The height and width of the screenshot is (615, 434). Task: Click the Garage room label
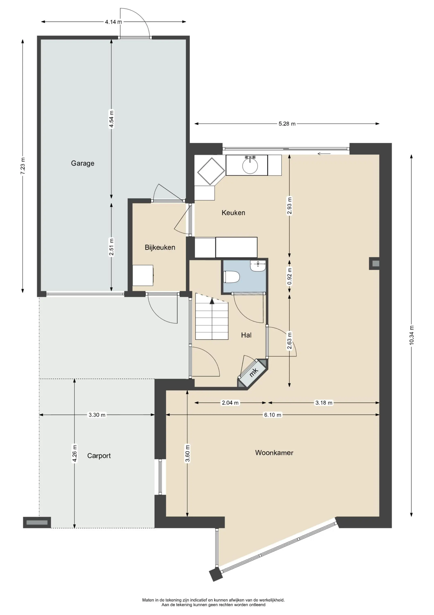[83, 163]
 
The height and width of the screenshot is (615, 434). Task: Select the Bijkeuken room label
[160, 247]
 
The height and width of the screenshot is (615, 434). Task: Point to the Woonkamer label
[274, 453]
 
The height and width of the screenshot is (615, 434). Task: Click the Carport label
[99, 456]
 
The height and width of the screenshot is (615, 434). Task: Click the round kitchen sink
[250, 165]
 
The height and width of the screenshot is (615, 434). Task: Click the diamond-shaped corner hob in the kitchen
[211, 171]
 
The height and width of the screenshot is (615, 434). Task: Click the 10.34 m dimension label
[411, 335]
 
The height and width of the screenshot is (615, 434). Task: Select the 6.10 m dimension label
[273, 415]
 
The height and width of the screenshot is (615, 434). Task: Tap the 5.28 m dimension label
[287, 124]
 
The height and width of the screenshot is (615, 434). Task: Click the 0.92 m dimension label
[289, 276]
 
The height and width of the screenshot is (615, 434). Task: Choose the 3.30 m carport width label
[97, 415]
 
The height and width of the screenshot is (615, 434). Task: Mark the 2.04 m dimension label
[230, 403]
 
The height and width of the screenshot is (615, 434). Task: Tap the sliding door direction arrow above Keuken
[324, 154]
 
